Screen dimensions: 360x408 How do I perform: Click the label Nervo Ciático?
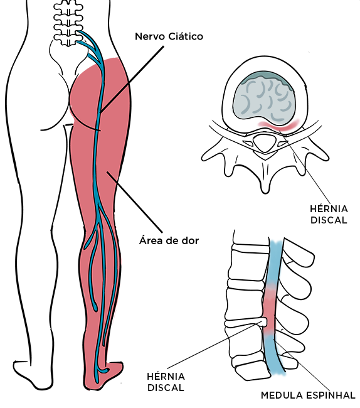point(169,36)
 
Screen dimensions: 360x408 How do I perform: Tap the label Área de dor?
point(169,240)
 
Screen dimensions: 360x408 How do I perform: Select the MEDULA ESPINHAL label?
point(308,395)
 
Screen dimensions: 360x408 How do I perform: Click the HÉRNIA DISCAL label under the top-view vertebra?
point(329,215)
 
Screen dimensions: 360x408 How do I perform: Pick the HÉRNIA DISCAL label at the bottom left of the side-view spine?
point(166,382)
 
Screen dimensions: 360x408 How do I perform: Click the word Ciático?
point(186,36)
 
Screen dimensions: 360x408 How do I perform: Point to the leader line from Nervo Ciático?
point(132,80)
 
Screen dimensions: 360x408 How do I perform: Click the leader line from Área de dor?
point(135,201)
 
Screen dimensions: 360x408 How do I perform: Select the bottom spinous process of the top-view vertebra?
point(265,180)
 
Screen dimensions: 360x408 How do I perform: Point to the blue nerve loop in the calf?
point(93,266)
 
